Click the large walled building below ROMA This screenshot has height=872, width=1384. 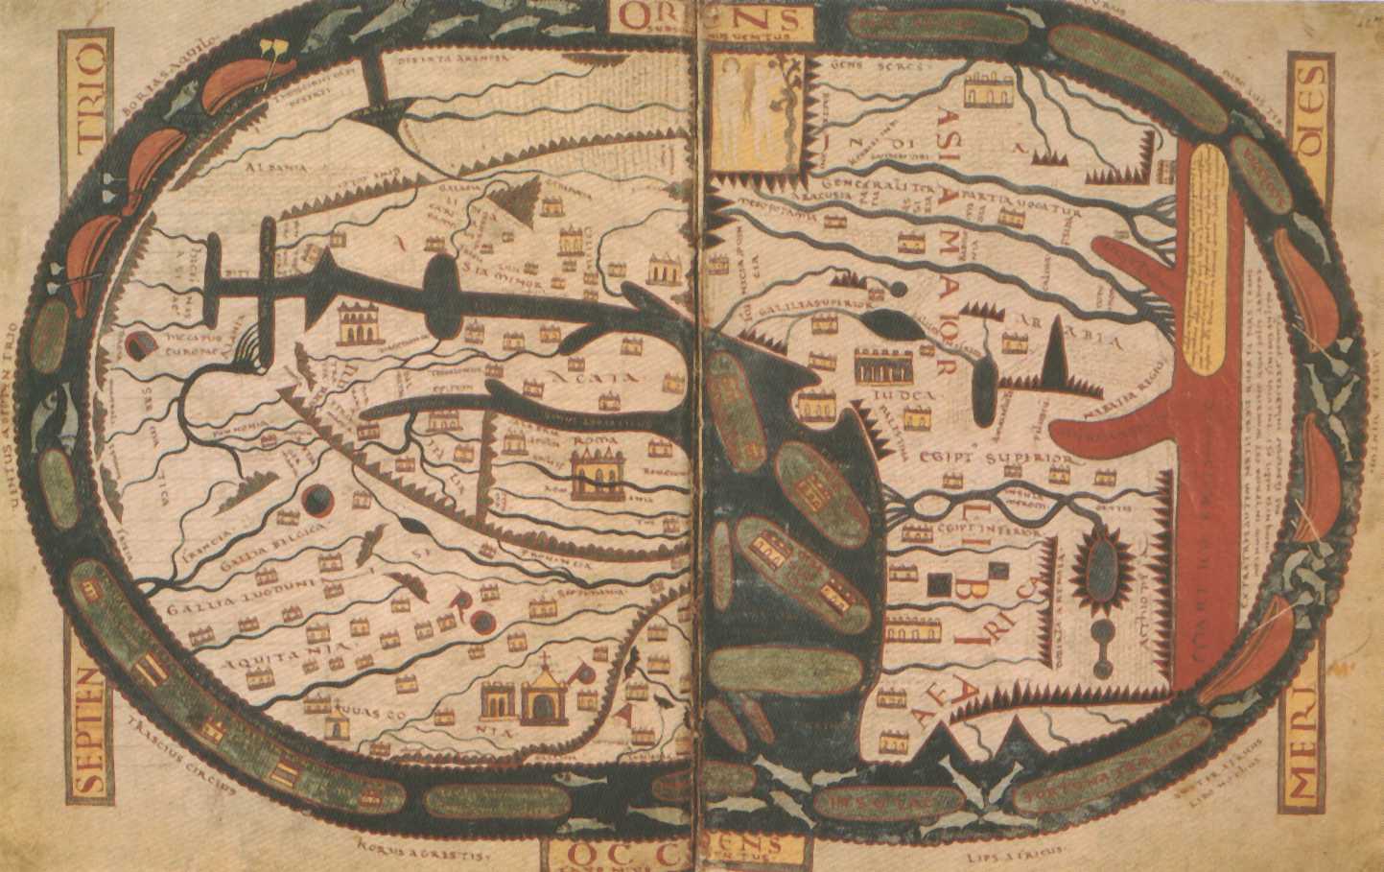click(597, 475)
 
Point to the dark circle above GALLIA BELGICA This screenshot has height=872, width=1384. click(317, 501)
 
